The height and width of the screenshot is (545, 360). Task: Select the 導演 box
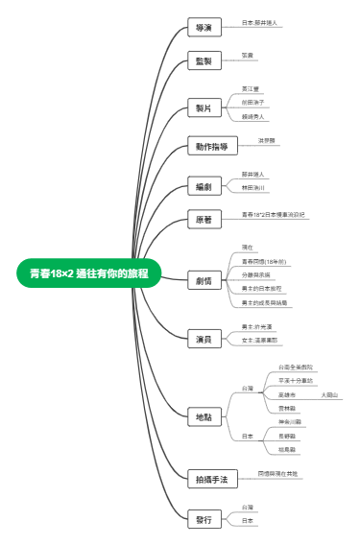click(x=204, y=28)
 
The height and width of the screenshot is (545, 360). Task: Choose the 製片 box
click(x=204, y=108)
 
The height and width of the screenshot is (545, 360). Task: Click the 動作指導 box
click(x=211, y=147)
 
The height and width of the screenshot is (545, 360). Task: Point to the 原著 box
click(x=204, y=220)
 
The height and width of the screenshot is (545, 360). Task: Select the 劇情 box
click(x=204, y=280)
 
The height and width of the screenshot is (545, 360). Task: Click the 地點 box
click(x=204, y=415)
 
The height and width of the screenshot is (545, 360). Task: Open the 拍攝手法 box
click(x=211, y=477)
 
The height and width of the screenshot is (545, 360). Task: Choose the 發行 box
click(x=204, y=518)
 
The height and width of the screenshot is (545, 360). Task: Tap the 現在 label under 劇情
click(x=248, y=248)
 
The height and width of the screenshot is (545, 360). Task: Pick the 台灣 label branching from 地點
click(x=248, y=388)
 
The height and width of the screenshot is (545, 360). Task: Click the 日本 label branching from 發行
click(x=248, y=520)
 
